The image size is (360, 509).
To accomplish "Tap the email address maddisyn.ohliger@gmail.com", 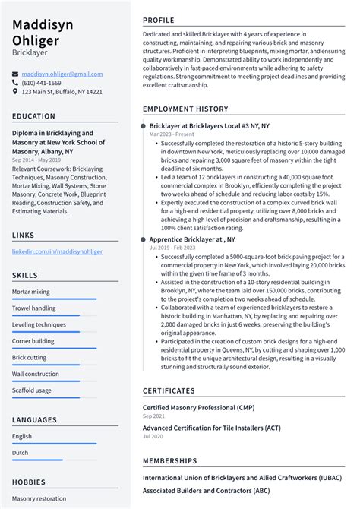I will pyautogui.click(x=62, y=74).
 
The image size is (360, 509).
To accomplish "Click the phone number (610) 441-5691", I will pyautogui.click(x=44, y=83).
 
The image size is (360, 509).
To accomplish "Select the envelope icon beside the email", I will pyautogui.click(x=15, y=74).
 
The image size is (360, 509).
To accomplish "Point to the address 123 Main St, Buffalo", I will pyautogui.click(x=62, y=92).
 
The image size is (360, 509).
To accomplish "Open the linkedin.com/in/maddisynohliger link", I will pyautogui.click(x=57, y=251).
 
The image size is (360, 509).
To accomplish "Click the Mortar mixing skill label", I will pyautogui.click(x=31, y=292).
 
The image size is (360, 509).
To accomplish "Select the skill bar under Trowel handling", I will pyautogui.click(x=54, y=315).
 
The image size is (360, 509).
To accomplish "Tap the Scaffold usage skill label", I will pyautogui.click(x=32, y=390).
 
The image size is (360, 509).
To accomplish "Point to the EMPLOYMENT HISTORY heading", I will pyautogui.click(x=185, y=109).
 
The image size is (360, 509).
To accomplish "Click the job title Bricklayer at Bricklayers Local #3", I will pyautogui.click(x=209, y=125).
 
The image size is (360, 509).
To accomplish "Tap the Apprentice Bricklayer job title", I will pyautogui.click(x=192, y=239).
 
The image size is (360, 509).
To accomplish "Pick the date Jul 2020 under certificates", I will pyautogui.click(x=153, y=437).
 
